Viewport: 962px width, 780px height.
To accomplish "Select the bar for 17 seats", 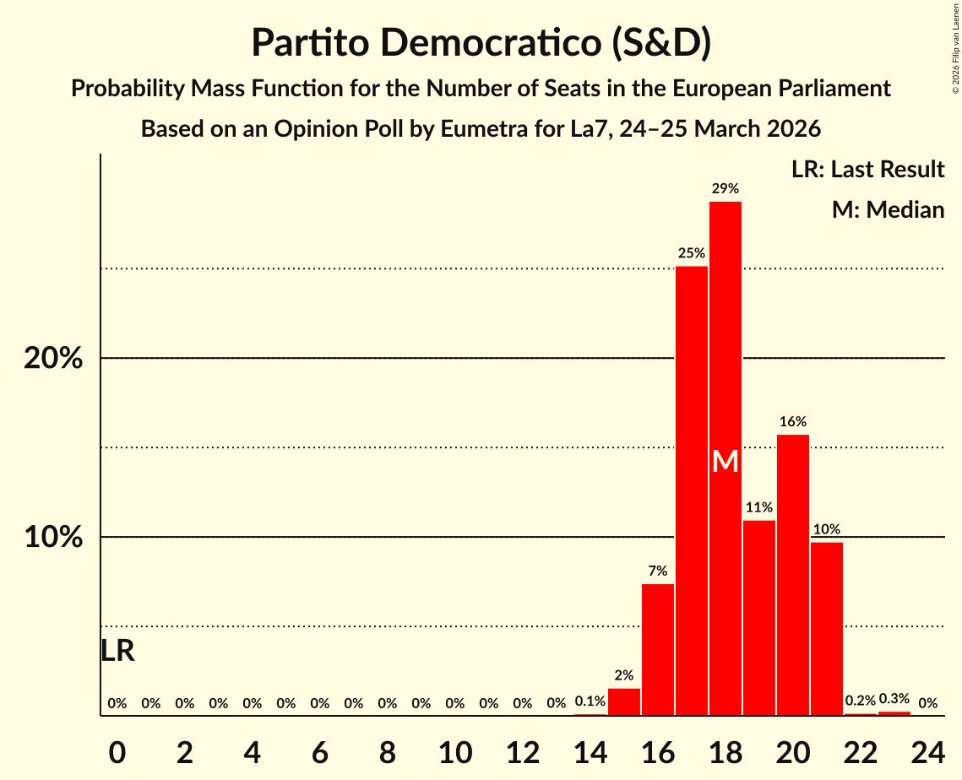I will click(691, 490).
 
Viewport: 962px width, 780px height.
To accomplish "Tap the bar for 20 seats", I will click(792, 574).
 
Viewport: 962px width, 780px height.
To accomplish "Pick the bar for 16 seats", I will click(657, 649).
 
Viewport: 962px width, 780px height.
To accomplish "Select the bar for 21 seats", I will click(826, 628).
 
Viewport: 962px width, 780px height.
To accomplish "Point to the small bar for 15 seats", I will click(623, 701).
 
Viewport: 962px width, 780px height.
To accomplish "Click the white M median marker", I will click(725, 462).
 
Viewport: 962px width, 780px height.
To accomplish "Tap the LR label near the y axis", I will click(117, 651).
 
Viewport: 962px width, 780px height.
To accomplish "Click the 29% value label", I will click(725, 188).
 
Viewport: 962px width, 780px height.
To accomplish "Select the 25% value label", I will click(691, 252).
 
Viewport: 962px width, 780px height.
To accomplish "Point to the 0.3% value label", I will click(894, 698).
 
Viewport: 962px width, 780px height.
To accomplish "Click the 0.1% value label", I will click(590, 701).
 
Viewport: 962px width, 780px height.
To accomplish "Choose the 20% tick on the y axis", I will click(53, 358).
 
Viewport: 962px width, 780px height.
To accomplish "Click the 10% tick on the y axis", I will click(53, 537).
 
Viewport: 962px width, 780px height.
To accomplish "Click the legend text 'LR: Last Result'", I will click(867, 170).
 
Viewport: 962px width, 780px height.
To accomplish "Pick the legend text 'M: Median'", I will click(888, 209).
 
